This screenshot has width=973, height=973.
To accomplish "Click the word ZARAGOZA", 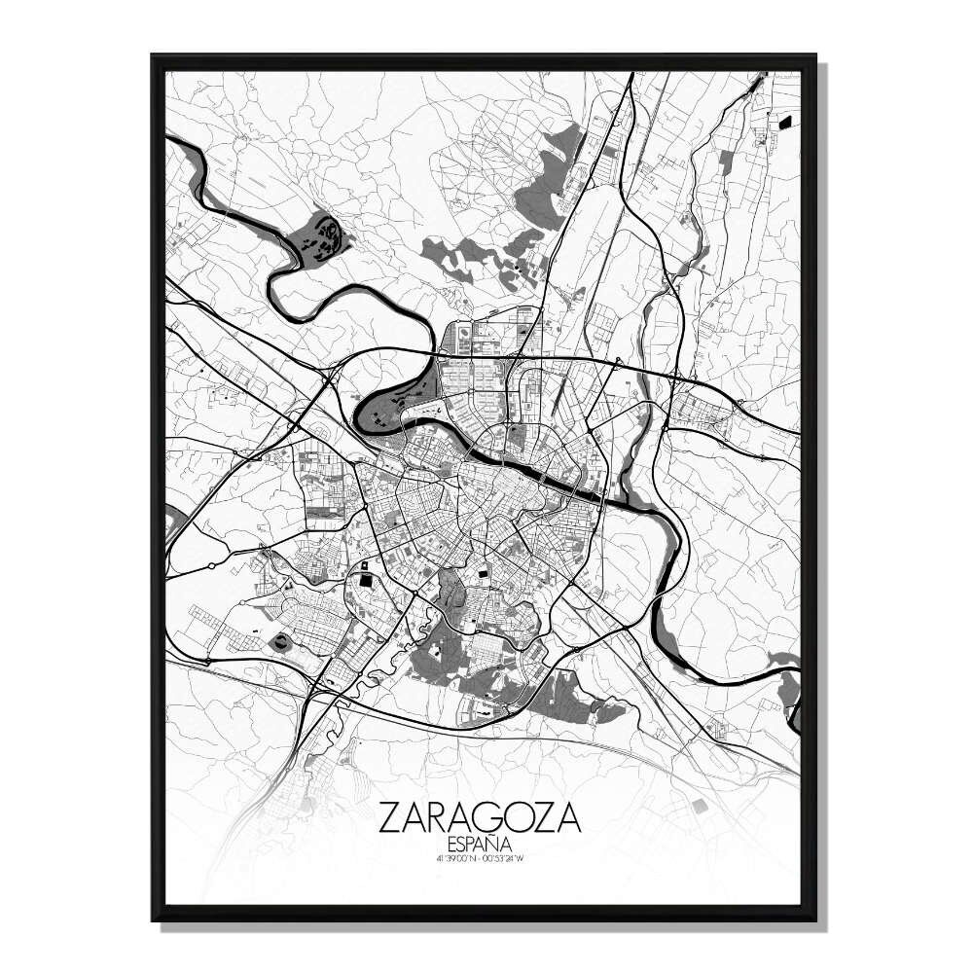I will coord(481,817).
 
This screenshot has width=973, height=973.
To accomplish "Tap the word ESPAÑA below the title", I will coord(481,843).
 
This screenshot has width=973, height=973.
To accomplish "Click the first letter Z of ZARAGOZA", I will coord(391,817).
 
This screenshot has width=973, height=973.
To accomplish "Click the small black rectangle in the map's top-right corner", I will coord(785,122).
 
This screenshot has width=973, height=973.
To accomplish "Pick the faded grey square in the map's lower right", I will coord(701,804).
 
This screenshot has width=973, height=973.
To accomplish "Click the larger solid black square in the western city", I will coord(366,580).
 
